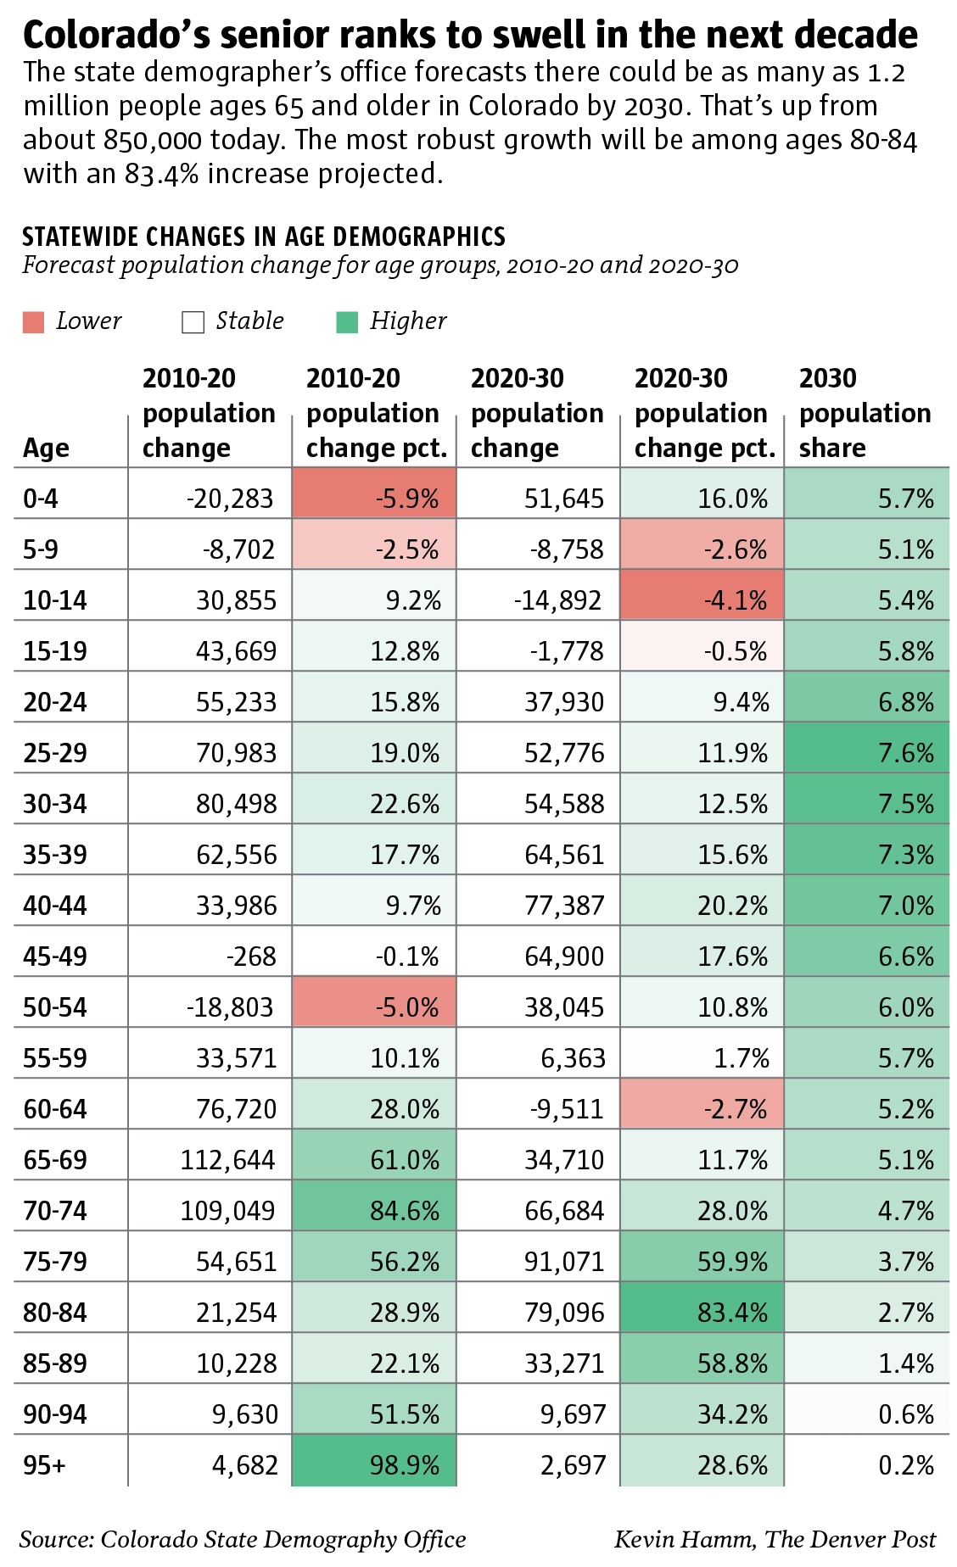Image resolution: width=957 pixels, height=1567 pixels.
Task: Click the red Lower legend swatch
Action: coord(33,322)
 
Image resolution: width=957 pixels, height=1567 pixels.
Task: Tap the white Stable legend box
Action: coord(193,322)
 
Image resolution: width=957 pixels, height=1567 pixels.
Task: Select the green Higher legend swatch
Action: coord(347,322)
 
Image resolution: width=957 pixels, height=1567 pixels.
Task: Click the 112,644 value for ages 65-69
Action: coord(227,1159)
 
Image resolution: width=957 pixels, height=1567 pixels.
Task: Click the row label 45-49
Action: coord(55,956)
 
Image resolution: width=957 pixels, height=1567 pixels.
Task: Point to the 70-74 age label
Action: coord(55,1210)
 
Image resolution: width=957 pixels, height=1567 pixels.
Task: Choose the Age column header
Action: coord(46,448)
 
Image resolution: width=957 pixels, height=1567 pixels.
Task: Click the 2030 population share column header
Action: coord(865,413)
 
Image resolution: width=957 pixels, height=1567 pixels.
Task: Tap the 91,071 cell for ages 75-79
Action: coord(564,1261)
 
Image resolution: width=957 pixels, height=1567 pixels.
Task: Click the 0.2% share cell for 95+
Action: coord(905,1464)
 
